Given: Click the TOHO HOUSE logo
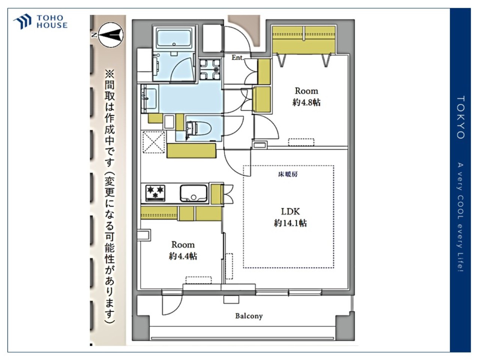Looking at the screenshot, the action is (40, 21).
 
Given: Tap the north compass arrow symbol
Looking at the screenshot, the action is (111, 35).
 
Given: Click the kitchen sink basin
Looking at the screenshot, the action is (193, 193).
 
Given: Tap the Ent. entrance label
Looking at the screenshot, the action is (238, 57).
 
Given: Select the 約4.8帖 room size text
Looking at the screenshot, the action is (306, 102).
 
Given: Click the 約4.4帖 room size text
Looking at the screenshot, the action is (183, 256).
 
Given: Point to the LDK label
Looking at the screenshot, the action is (290, 211).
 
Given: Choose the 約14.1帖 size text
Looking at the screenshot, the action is (290, 223).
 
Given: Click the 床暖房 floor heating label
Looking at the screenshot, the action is (288, 174).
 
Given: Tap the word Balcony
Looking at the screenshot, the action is (249, 316).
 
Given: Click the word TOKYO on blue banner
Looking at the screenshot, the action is (460, 117).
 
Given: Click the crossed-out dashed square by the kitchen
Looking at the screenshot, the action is (153, 142).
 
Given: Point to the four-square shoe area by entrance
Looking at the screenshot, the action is (210, 70).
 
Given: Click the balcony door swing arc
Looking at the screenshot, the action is (172, 305).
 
